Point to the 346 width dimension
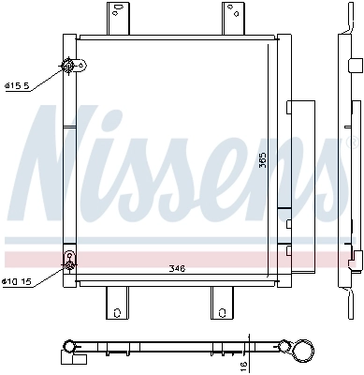[178, 269]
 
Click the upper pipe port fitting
[68, 66]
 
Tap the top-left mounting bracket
[116, 18]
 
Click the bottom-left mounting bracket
[116, 302]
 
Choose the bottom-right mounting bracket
[223, 302]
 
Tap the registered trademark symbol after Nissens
[354, 145]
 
